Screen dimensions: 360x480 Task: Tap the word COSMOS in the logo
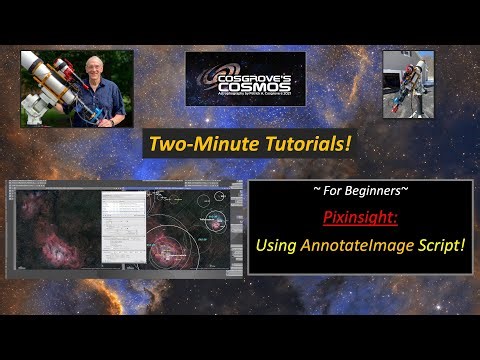point(245,84)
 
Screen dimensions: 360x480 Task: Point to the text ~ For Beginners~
point(359,190)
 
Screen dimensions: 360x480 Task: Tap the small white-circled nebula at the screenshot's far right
point(210,214)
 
